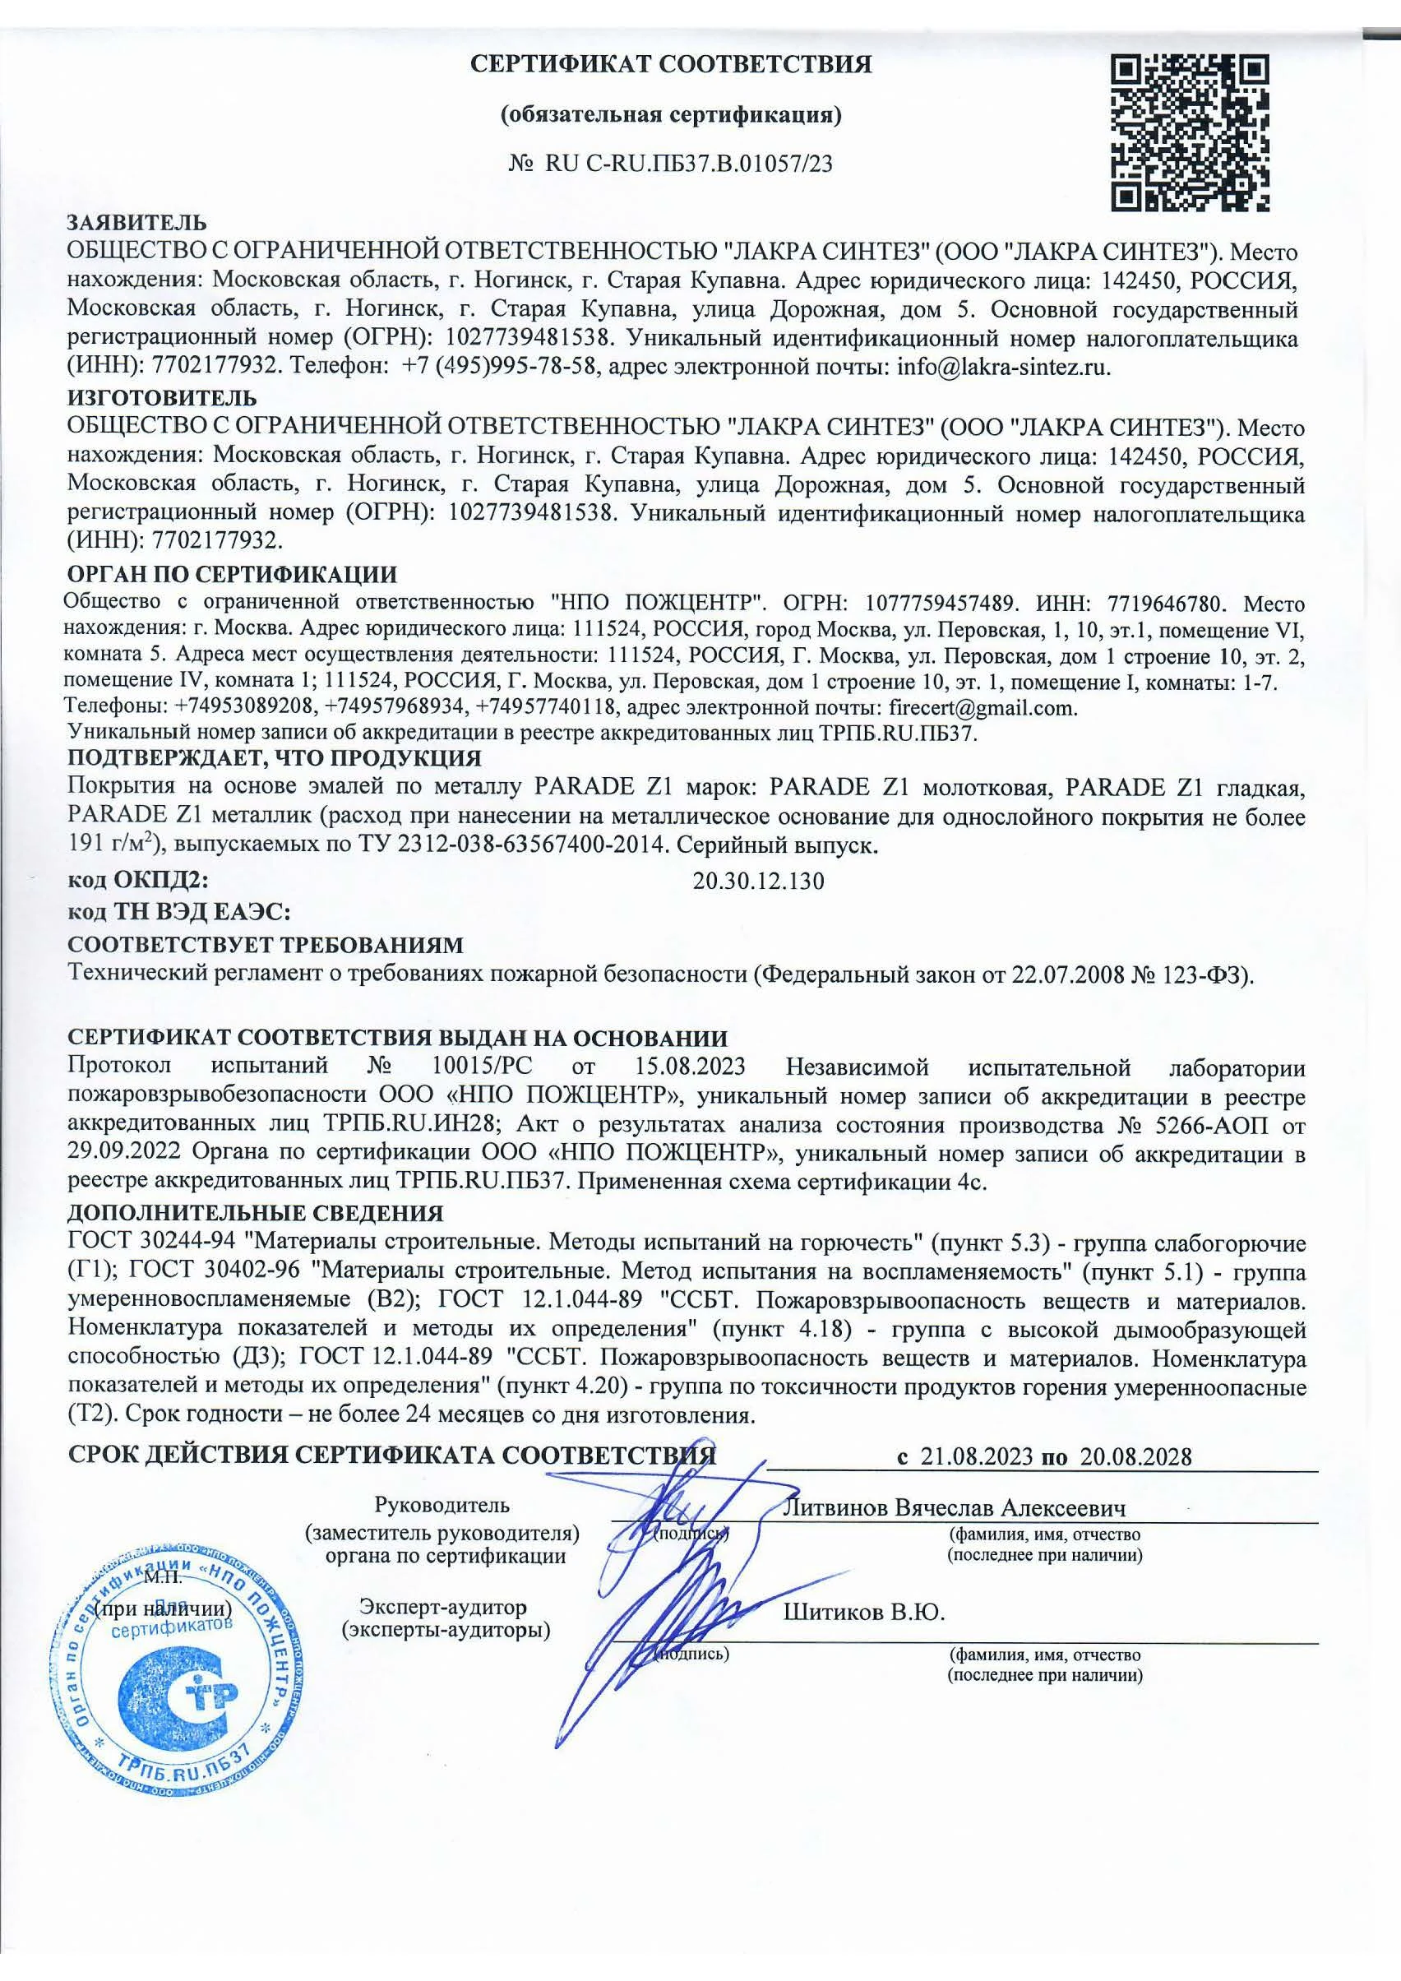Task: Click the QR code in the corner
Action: click(x=1188, y=133)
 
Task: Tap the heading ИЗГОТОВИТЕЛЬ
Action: click(x=162, y=399)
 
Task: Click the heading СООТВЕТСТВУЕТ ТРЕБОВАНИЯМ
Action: click(x=266, y=944)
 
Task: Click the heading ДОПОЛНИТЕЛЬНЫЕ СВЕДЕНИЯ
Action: click(x=256, y=1214)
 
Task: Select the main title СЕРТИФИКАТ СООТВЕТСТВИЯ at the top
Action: click(x=670, y=65)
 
